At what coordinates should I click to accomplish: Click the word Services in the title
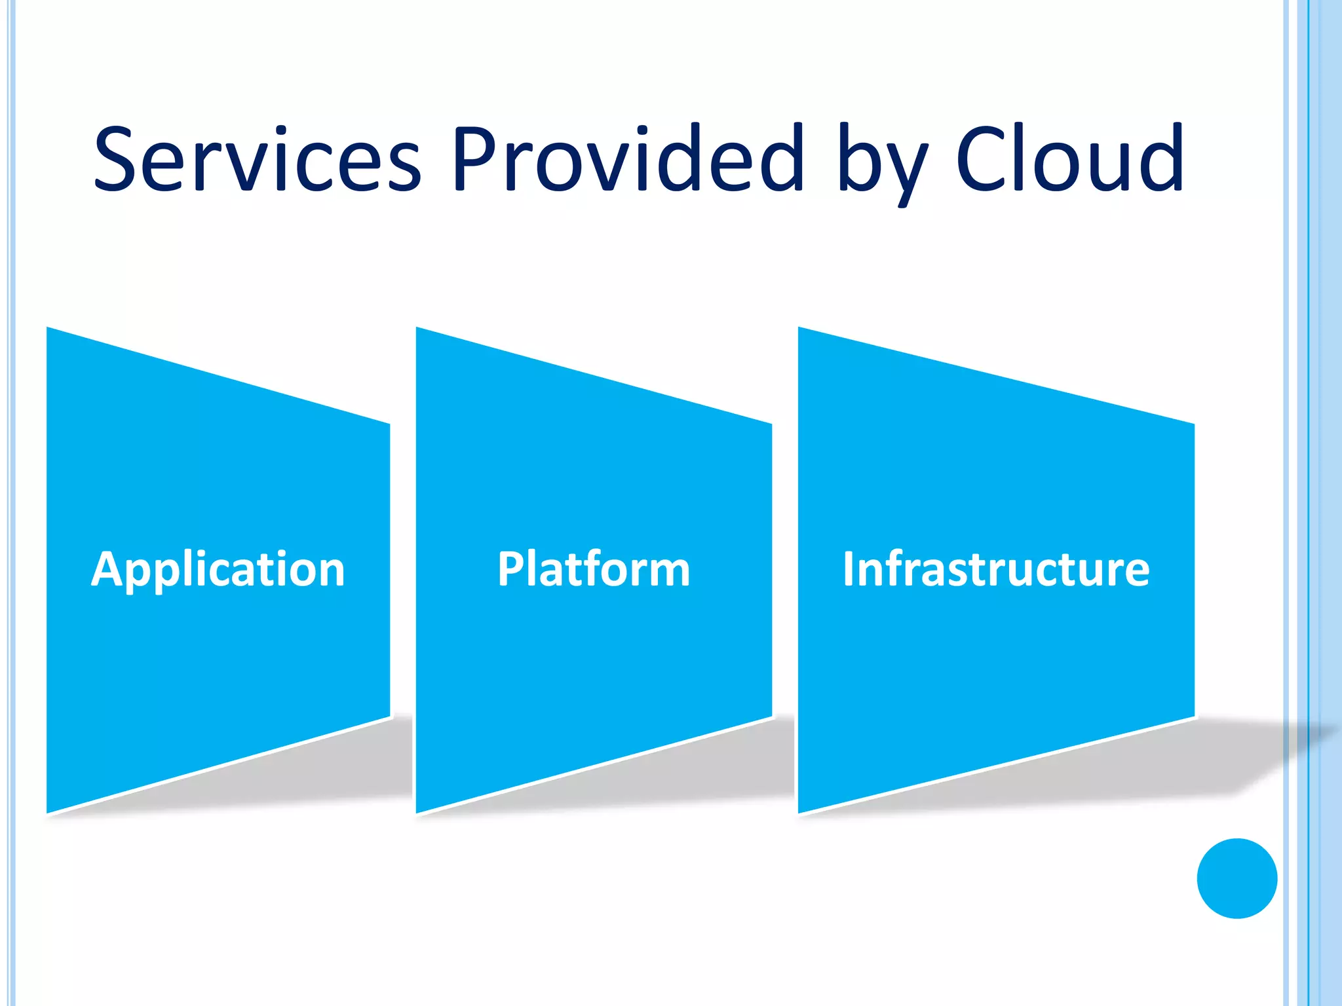coord(258,159)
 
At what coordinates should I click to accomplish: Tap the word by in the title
coord(883,164)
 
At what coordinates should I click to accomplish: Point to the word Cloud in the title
coord(1069,159)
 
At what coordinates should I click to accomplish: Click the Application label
coord(218,570)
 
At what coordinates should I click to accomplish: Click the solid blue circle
coord(1237,878)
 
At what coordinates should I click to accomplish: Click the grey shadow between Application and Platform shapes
coord(401,760)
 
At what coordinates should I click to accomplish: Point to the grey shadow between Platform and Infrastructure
coord(783,760)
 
